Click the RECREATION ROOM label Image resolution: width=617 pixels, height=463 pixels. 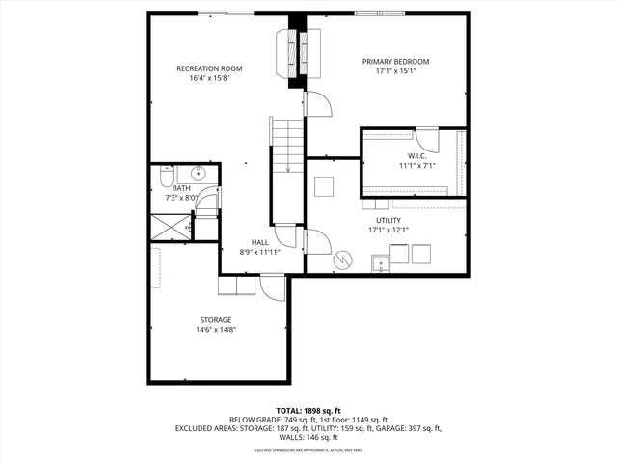click(209, 68)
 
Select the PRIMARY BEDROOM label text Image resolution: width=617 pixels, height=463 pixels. click(395, 62)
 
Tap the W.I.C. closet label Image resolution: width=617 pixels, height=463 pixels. click(416, 155)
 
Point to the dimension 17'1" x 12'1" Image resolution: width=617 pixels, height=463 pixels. click(388, 230)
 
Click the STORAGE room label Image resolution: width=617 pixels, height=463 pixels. click(216, 319)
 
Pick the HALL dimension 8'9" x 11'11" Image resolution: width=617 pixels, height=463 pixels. click(260, 252)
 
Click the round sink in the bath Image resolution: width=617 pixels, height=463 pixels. click(197, 174)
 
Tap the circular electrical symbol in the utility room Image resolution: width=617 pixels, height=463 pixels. click(341, 259)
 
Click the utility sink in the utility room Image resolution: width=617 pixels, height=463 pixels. click(380, 261)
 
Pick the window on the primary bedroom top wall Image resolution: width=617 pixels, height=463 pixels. click(379, 13)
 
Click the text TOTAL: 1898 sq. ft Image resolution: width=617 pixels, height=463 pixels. click(308, 410)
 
